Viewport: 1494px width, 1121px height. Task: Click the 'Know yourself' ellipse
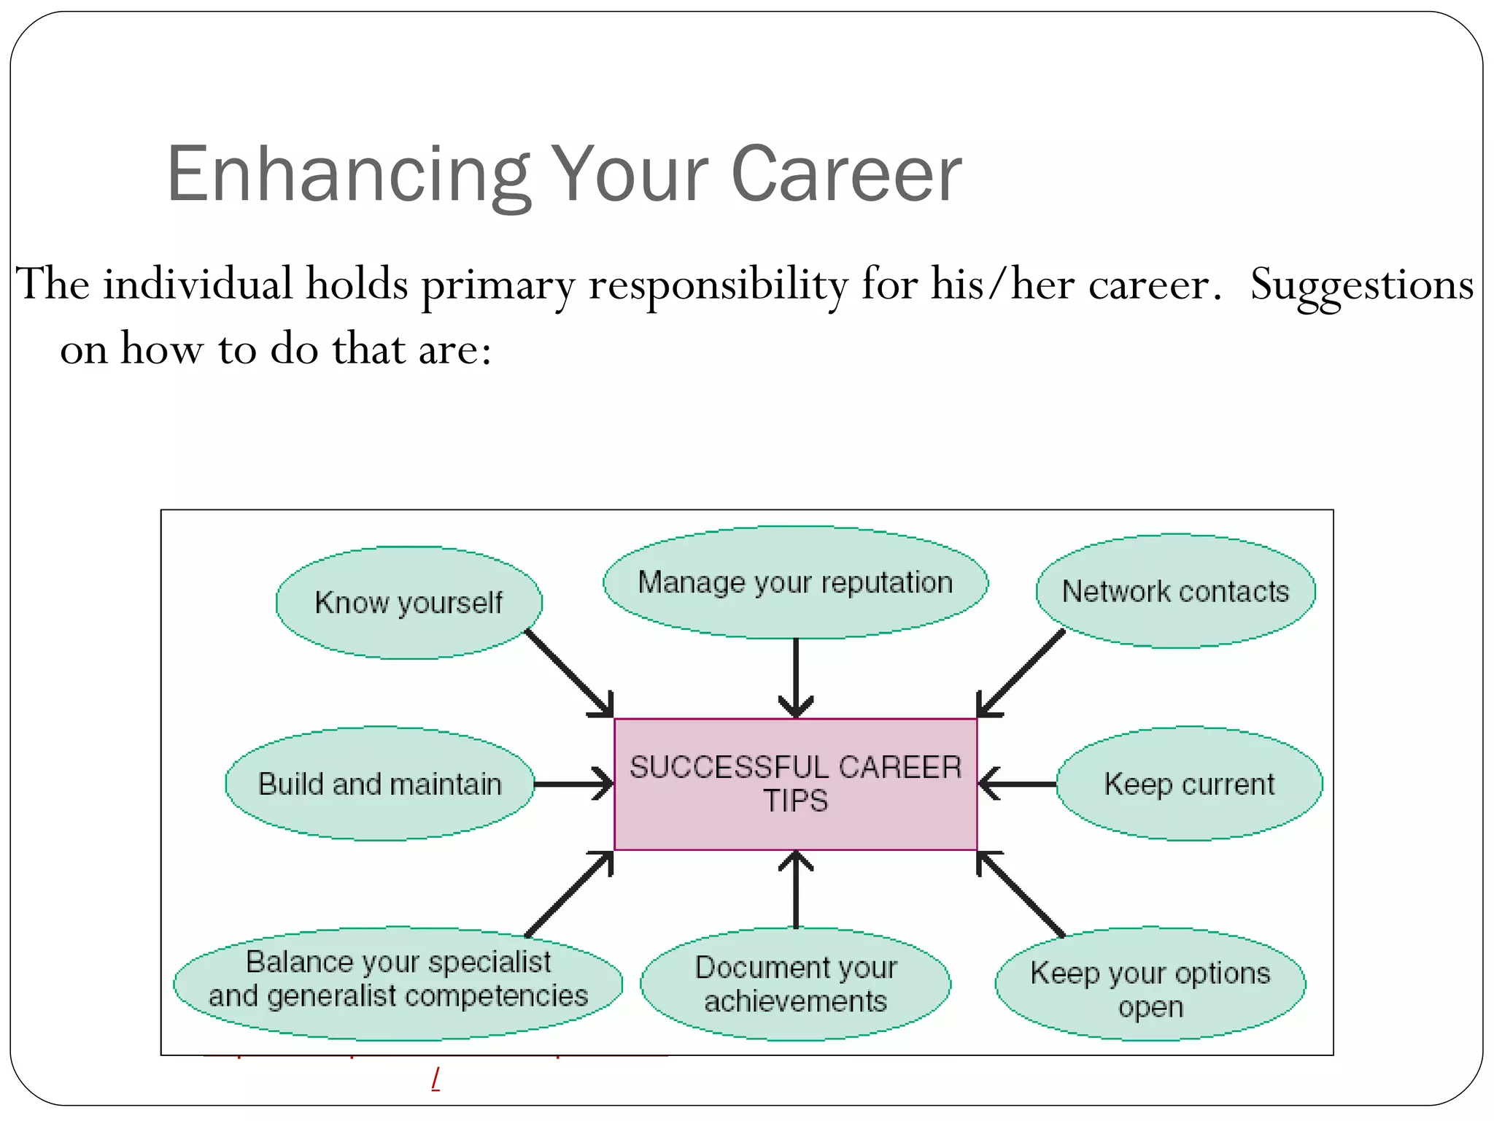[409, 602]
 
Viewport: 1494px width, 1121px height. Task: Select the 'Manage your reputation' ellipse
[795, 582]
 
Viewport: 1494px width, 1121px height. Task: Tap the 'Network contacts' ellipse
[1175, 591]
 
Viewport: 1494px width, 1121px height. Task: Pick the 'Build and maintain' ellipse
[379, 784]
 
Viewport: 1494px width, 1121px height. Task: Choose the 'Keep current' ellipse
[1189, 784]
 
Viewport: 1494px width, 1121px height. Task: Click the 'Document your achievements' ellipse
[795, 984]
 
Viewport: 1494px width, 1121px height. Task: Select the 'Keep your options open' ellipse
[1150, 984]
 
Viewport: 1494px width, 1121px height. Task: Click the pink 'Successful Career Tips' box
[795, 784]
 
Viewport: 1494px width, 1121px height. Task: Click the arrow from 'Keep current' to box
[1017, 784]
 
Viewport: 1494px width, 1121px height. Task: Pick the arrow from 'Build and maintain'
[573, 784]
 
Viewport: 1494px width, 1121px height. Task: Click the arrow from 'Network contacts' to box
[1021, 673]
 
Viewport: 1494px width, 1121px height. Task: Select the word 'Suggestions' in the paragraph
[1361, 285]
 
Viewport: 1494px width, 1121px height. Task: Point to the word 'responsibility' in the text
[718, 285]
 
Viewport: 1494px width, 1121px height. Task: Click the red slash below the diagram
[436, 1079]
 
